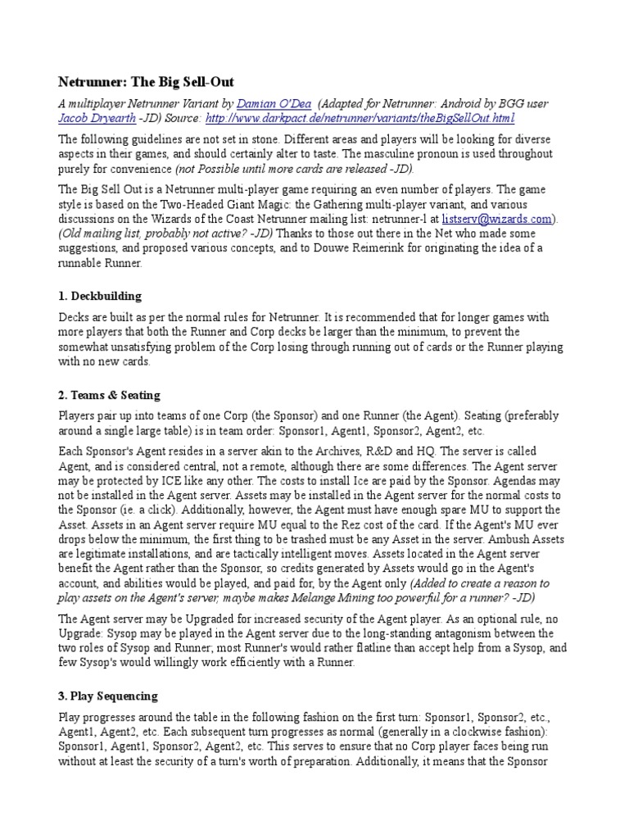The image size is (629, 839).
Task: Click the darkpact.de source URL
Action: click(x=360, y=119)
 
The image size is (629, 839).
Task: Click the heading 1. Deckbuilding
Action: click(x=100, y=295)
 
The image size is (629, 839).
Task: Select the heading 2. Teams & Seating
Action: click(x=109, y=395)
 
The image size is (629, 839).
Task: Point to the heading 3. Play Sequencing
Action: click(x=108, y=696)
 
